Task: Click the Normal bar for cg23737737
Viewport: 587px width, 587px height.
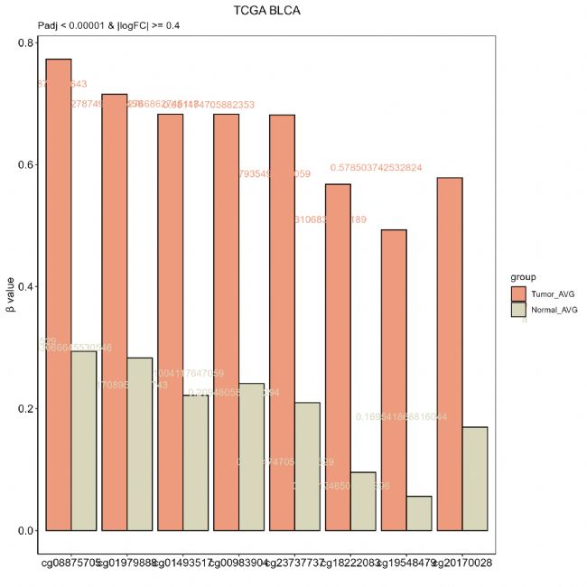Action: [307, 466]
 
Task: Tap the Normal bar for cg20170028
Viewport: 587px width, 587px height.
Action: [475, 478]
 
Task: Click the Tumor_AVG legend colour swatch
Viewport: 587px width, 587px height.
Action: [518, 294]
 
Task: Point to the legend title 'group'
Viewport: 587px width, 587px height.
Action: [522, 277]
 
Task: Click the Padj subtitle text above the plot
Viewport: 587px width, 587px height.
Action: [108, 24]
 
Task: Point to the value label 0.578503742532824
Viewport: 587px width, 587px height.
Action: [389, 168]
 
